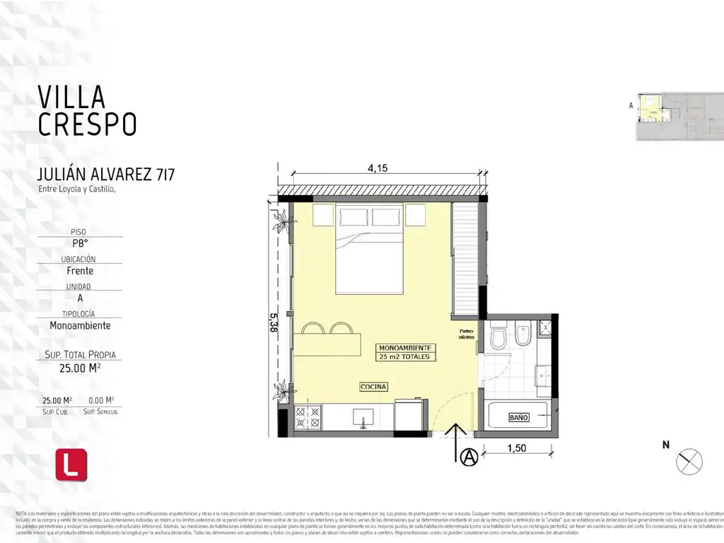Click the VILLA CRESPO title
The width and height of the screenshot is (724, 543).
pyautogui.click(x=86, y=110)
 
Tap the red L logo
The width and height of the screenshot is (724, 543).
pyautogui.click(x=71, y=465)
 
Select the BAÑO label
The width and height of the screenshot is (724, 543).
pyautogui.click(x=518, y=418)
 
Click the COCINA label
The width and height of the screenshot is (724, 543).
pyautogui.click(x=373, y=387)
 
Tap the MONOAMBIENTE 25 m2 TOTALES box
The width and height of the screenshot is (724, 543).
pyautogui.click(x=404, y=353)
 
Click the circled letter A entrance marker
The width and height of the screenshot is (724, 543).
pyautogui.click(x=467, y=458)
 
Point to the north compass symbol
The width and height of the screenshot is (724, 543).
pyautogui.click(x=689, y=462)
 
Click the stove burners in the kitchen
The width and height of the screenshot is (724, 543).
pyautogui.click(x=308, y=416)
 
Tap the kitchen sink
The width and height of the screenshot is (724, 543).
pyautogui.click(x=363, y=417)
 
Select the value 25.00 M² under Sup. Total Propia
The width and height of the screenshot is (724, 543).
pyautogui.click(x=82, y=368)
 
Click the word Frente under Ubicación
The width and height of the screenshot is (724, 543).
pyautogui.click(x=80, y=271)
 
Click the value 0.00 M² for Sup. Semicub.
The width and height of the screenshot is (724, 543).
pyautogui.click(x=100, y=400)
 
